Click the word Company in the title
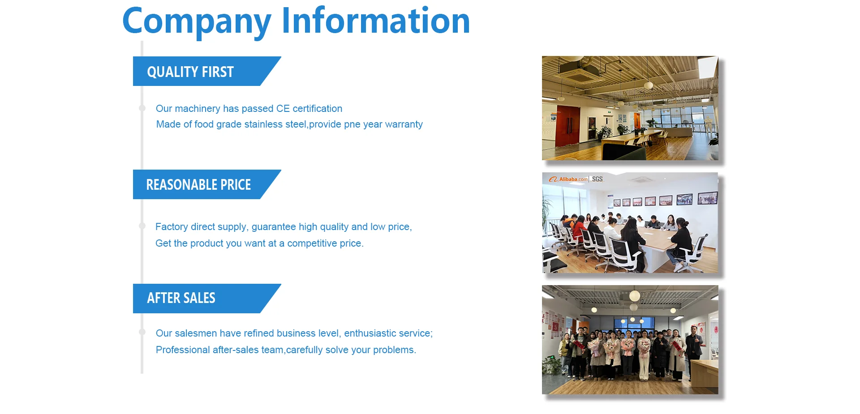pos(197,22)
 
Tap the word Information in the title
pos(376,20)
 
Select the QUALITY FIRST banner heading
pos(190,72)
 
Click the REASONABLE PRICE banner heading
pos(198,184)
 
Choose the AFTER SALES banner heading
pos(181,298)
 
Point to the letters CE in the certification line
pos(283,108)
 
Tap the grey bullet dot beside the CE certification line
pos(142,108)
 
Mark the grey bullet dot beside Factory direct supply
pos(142,226)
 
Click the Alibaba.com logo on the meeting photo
pos(568,179)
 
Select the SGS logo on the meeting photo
pos(598,179)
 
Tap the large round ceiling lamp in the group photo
pos(635,295)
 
